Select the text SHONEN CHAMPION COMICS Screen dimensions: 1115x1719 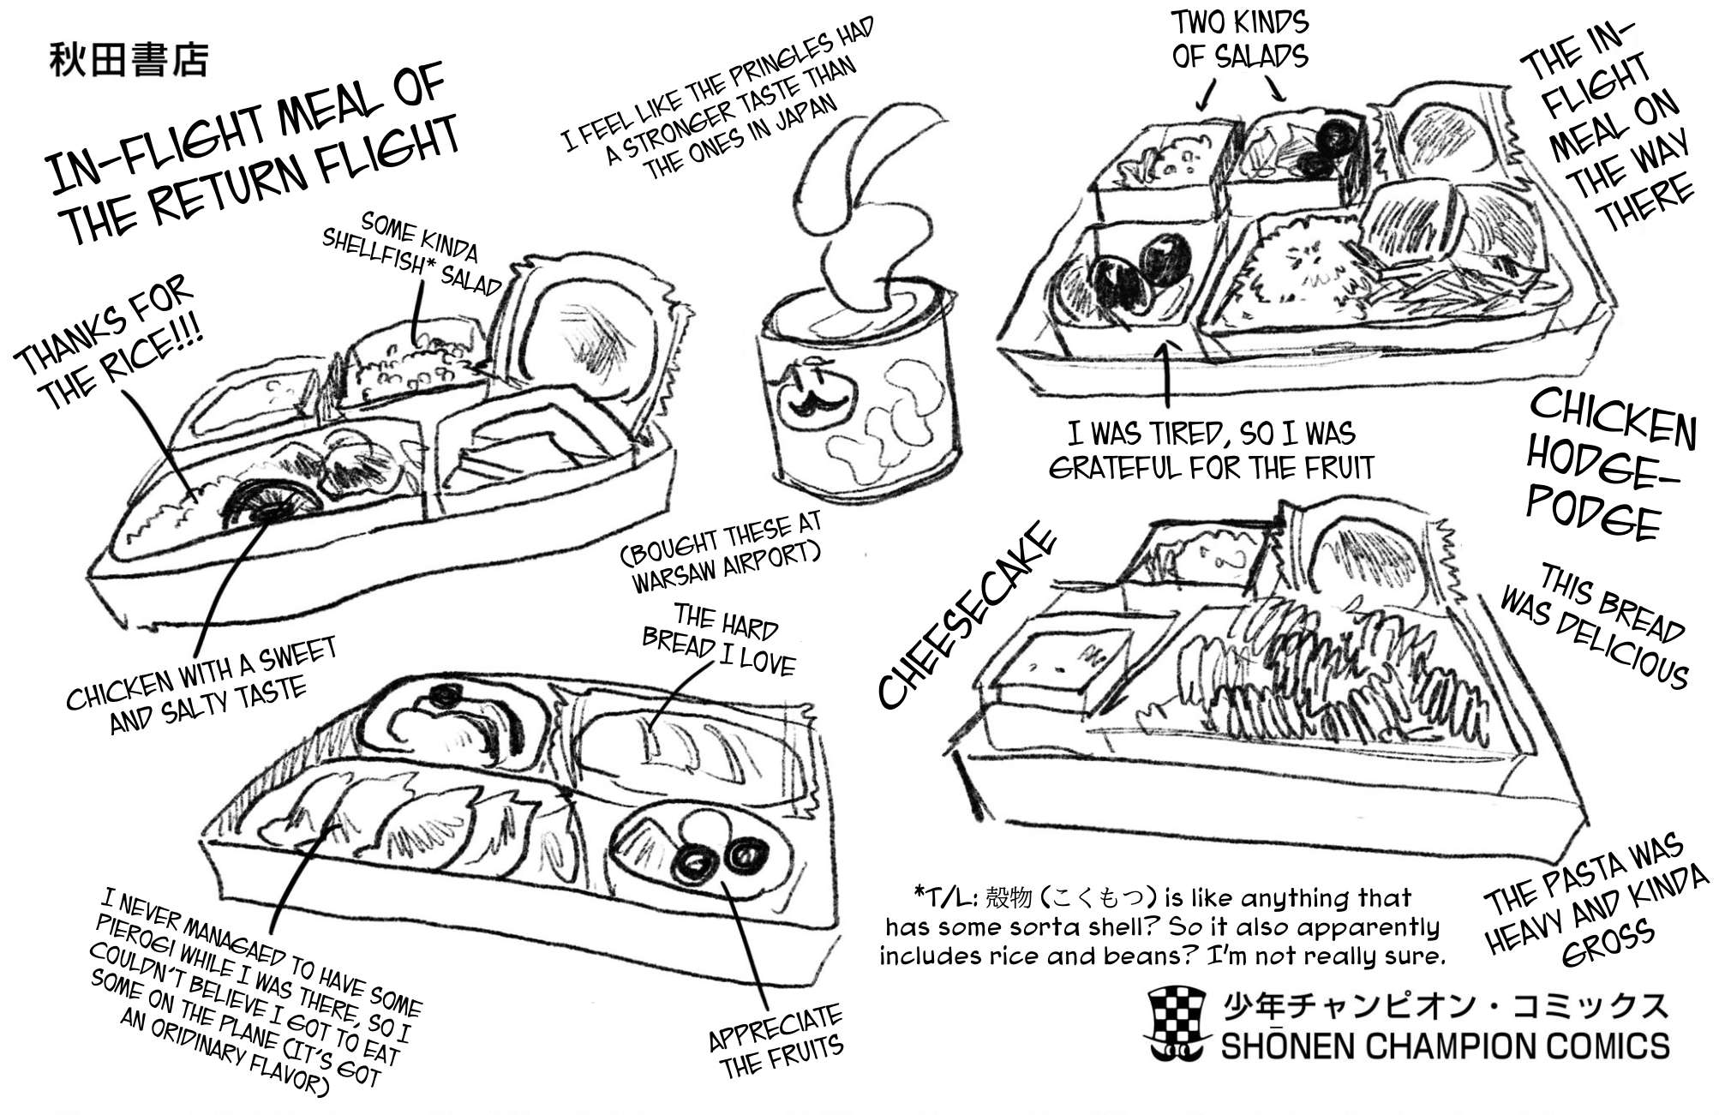1445,1046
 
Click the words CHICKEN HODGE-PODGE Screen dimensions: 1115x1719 1609,467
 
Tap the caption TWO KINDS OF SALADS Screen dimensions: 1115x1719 1239,39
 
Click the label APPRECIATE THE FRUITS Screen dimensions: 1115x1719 776,1041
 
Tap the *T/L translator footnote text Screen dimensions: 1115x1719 1161,926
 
